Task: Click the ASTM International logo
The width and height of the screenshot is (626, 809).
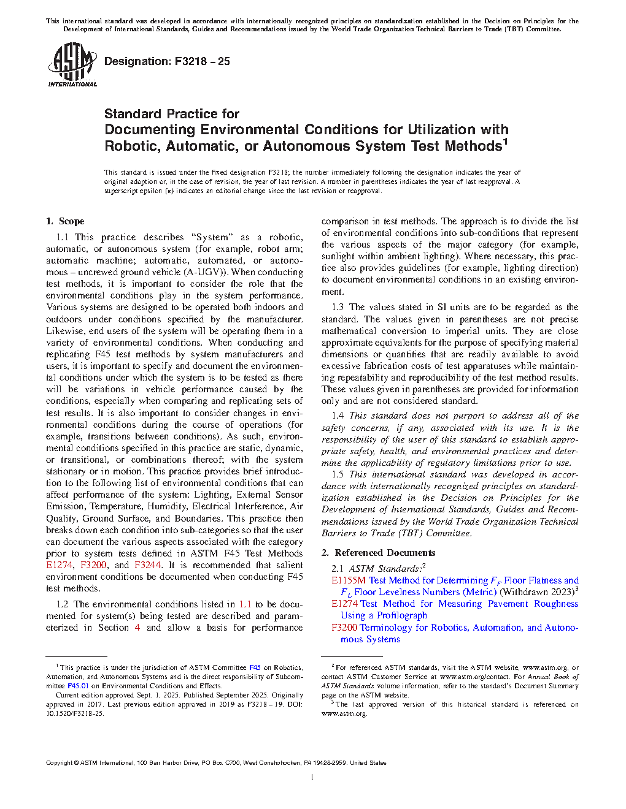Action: point(72,64)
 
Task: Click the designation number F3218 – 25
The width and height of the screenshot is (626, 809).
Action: point(202,61)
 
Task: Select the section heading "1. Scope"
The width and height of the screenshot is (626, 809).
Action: point(65,221)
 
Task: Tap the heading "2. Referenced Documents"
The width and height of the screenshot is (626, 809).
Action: point(378,553)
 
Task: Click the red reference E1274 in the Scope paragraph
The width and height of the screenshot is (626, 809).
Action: point(59,565)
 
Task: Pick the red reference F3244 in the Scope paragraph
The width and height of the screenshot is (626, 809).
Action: point(147,565)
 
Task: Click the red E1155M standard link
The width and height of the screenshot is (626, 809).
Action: point(349,580)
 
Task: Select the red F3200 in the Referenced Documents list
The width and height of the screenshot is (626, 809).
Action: point(344,628)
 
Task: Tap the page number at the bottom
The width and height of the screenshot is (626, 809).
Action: point(312,778)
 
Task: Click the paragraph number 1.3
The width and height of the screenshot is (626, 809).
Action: point(338,307)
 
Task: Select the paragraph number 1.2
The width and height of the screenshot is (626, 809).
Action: point(62,604)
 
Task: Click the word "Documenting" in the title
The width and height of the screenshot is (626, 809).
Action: point(150,130)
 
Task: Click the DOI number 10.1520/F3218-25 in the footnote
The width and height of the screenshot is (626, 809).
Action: point(75,713)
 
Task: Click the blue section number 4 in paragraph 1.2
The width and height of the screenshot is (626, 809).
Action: point(137,628)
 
